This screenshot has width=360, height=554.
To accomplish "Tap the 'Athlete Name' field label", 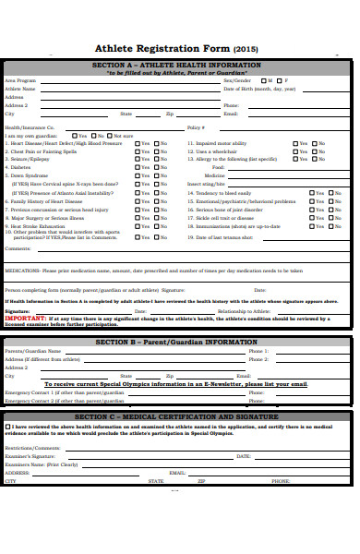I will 20,89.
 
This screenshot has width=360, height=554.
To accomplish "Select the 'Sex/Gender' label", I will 237,80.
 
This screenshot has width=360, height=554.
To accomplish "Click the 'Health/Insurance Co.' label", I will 30,127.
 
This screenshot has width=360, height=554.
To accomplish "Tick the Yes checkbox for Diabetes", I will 138,166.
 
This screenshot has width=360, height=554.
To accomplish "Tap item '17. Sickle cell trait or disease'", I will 225,217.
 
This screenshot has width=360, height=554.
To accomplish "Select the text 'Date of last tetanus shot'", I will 226,237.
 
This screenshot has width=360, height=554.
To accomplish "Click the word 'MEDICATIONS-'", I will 22,271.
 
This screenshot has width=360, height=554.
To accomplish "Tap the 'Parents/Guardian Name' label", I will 29,352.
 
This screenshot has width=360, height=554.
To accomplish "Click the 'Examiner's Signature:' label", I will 30,456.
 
